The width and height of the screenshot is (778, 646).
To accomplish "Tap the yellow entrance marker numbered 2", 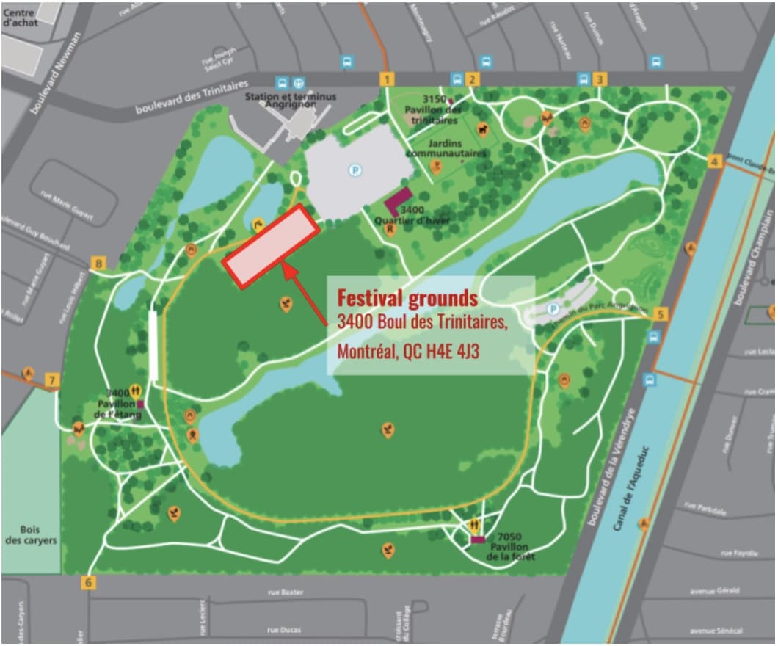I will pos(473,80).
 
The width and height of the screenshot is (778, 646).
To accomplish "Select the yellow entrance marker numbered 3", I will pos(600,79).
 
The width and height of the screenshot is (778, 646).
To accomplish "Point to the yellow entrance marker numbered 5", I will pos(661,314).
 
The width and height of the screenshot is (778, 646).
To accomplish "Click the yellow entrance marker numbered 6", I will pos(89,583).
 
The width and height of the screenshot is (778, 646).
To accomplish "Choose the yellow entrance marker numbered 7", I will pos(51,380).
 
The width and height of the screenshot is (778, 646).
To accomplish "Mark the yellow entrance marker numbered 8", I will pos(99,263).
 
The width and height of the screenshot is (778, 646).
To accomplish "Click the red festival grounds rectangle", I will pos(271,245).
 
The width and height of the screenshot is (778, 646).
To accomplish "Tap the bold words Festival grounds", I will pos(407,299).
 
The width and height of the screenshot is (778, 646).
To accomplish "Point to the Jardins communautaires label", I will pos(446,148).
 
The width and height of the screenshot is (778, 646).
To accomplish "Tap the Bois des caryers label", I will pos(31,535).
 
